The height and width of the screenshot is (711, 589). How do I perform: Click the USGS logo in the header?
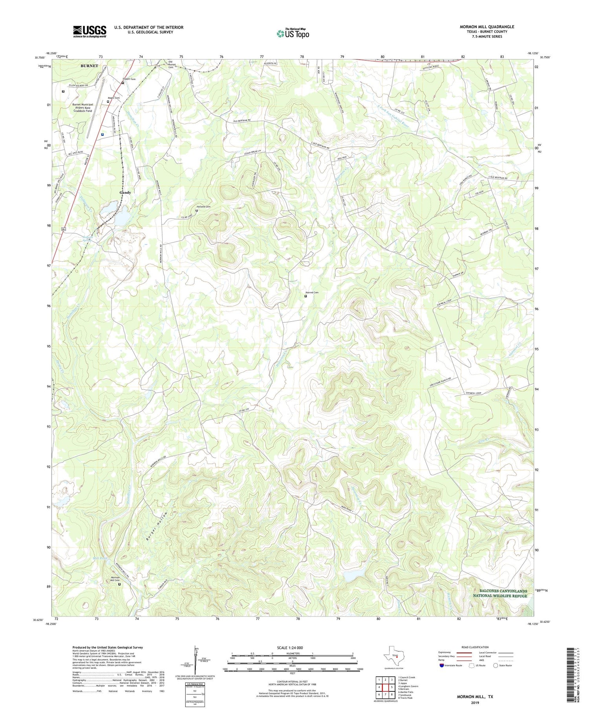coord(90,31)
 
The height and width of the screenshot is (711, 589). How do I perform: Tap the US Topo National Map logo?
coord(293,34)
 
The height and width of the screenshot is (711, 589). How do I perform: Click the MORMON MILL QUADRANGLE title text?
coord(487,27)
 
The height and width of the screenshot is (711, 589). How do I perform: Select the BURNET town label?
coord(89,66)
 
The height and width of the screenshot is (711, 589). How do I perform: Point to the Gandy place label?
coord(125,193)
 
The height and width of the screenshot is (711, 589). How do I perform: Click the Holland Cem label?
coord(203,207)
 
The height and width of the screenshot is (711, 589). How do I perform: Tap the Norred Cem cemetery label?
coord(312,293)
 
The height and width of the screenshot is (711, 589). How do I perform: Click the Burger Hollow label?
coord(157,526)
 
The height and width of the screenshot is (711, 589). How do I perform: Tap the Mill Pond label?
coord(100,558)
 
